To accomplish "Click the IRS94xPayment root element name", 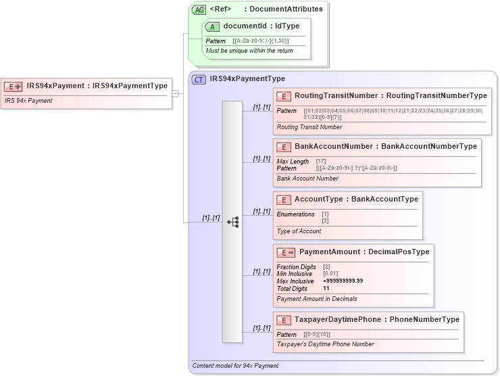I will [x=57, y=86].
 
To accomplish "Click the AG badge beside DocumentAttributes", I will [x=199, y=9].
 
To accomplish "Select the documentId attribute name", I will [x=245, y=26].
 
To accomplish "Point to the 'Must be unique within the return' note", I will [x=249, y=51].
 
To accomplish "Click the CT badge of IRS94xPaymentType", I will [x=199, y=79].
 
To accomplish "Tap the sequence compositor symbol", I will [x=232, y=221].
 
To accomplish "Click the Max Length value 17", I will [x=321, y=161].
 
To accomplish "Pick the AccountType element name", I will [x=318, y=199].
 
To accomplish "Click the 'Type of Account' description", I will [x=299, y=231].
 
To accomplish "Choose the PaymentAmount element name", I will [x=330, y=252].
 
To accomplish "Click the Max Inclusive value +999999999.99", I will [x=343, y=281].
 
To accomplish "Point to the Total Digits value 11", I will [x=326, y=288].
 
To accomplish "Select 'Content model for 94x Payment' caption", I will [x=235, y=366].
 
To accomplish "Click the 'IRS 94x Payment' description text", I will [x=28, y=101].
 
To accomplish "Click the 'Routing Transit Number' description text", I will [x=309, y=126].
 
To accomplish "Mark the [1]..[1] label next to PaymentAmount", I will [x=261, y=272].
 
